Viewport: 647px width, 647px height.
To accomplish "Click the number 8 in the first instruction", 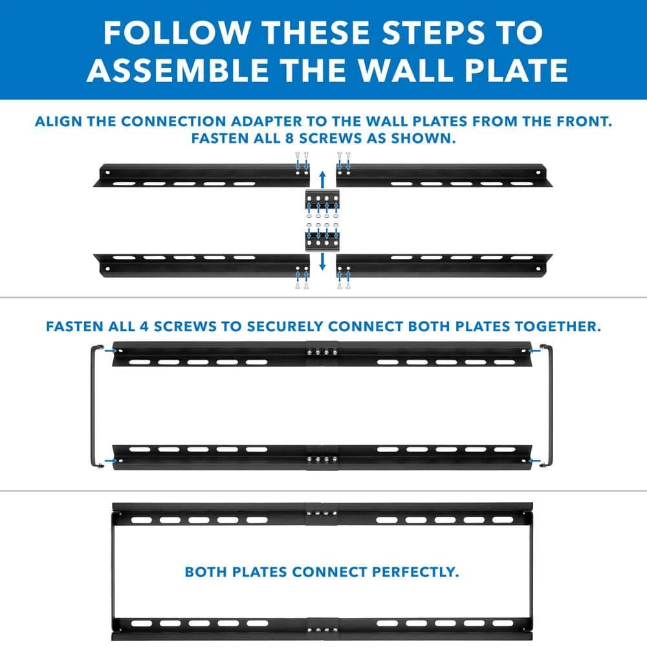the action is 289,138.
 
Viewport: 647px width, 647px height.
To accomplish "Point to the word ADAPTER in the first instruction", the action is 266,122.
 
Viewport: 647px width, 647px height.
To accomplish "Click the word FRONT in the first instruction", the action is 584,122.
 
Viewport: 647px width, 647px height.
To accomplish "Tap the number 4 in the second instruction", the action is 144,327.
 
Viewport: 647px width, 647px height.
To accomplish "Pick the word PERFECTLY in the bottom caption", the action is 415,573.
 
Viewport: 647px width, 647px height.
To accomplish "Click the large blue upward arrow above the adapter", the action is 323,180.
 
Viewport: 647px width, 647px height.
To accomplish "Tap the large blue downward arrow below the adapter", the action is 323,261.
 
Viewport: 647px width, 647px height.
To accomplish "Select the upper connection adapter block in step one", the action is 322,200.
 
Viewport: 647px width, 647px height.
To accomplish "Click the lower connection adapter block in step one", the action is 322,241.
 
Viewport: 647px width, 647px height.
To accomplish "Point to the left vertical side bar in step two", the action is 93,406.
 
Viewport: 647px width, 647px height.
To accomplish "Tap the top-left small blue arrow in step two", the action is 111,351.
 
